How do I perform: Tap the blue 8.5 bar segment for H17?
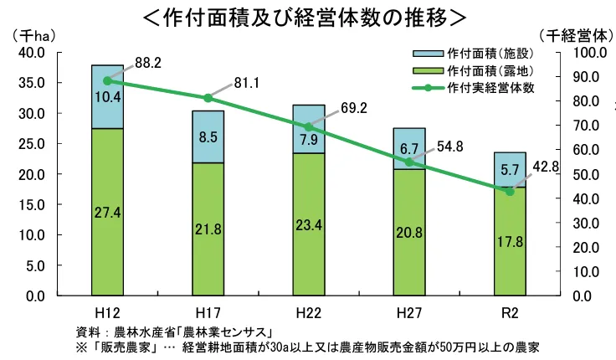pyautogui.click(x=208, y=136)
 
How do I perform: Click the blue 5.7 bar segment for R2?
pyautogui.click(x=510, y=169)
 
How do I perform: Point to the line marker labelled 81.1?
pyautogui.click(x=208, y=98)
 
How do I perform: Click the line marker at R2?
pyautogui.click(x=510, y=192)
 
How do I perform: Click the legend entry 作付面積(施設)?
pyautogui.click(x=490, y=53)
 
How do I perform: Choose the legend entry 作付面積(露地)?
pyautogui.click(x=490, y=69)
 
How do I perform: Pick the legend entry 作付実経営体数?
pyautogui.click(x=490, y=86)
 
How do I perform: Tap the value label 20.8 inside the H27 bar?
pyautogui.click(x=409, y=233)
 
